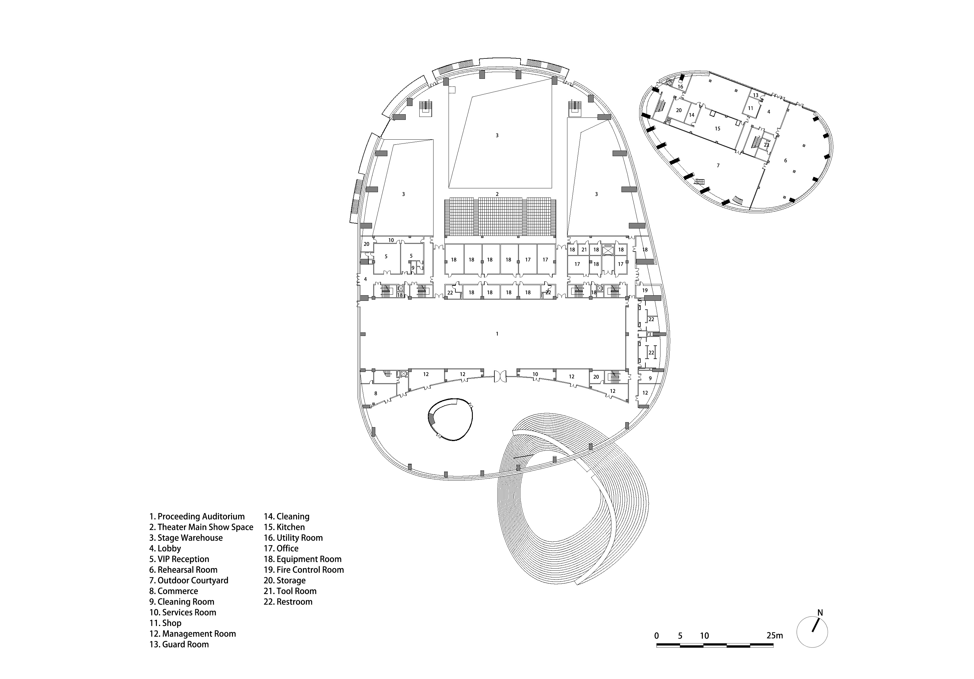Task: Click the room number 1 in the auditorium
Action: [497, 334]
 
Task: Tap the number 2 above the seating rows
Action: [497, 194]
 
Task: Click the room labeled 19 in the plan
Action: [645, 290]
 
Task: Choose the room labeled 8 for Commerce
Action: [375, 393]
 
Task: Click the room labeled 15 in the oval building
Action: [717, 128]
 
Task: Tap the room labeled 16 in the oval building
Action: [680, 86]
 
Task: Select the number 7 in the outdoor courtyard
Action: [718, 165]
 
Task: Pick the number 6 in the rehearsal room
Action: [785, 161]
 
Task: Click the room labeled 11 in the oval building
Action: [750, 108]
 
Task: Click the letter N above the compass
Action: [820, 613]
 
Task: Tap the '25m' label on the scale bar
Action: [775, 635]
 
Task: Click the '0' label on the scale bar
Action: [657, 635]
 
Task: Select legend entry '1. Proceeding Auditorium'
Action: [197, 516]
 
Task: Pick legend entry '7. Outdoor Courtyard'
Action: [189, 580]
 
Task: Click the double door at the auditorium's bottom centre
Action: [500, 376]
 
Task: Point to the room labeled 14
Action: [691, 115]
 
